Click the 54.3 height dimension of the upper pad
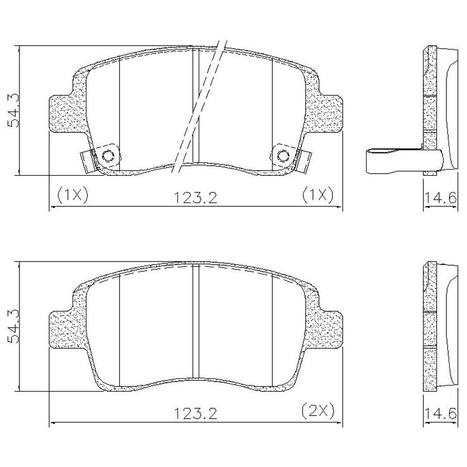coord(13,110)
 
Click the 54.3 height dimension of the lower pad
coord(13,326)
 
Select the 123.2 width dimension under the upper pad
coord(195,198)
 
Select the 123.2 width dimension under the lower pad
coord(195,413)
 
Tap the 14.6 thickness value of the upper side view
coord(440,198)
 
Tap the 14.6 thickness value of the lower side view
coord(440,413)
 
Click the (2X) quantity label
coord(318,411)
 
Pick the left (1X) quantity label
coord(73,195)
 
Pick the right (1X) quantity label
coord(318,195)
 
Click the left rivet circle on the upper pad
coord(108,156)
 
